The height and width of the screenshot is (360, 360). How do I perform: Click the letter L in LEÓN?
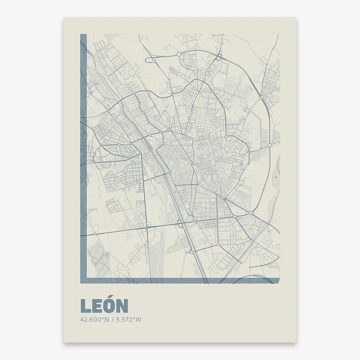point(85,306)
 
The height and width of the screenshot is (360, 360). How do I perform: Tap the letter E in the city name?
point(97,306)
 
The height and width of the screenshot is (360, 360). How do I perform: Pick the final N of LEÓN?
point(122,306)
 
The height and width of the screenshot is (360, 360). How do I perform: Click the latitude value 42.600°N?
point(95,320)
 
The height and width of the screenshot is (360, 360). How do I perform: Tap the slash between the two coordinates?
point(112,320)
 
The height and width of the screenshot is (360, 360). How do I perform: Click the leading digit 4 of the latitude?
point(82,320)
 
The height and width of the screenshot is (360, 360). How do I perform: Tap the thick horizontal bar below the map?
point(179,281)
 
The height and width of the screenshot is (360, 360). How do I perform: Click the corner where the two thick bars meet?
point(83,281)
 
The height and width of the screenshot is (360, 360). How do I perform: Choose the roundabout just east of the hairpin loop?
point(179,54)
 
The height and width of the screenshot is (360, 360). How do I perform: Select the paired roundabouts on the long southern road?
point(180,223)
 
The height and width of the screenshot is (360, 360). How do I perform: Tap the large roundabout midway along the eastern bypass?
point(269,145)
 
